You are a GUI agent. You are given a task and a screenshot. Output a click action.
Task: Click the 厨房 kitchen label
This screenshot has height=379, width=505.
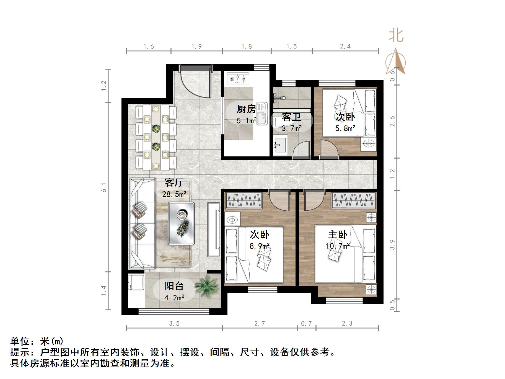pos(246,109)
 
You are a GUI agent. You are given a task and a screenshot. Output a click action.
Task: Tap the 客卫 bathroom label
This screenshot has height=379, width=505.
pos(291,117)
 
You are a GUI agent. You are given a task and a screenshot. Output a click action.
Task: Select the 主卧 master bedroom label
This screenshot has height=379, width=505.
pos(338,235)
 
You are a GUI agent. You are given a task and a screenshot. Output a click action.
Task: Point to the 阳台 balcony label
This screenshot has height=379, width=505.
pos(174,286)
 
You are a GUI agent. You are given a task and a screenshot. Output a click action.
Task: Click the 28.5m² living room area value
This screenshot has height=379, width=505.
pos(174,194)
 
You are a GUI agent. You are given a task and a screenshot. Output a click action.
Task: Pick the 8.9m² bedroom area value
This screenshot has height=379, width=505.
pos(260,246)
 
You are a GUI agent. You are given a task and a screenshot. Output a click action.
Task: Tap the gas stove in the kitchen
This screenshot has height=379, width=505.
pos(238,78)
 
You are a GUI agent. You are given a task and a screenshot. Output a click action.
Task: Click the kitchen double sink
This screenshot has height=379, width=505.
pos(262,114)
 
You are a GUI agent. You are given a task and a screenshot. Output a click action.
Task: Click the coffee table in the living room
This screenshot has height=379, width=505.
pos(181,223)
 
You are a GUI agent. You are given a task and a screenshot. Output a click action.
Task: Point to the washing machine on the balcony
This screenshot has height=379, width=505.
pos(136,282)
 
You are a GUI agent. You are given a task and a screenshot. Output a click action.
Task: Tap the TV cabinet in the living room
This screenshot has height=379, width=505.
pos(214,229)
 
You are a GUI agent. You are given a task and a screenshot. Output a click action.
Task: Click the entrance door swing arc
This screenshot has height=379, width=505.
pos(195,83)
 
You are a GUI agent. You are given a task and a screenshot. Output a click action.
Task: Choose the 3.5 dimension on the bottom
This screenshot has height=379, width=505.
pos(174,323)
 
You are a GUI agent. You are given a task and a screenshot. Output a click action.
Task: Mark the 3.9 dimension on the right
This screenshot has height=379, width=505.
pos(392,244)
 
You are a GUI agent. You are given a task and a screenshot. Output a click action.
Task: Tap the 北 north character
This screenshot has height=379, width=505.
pos(396,36)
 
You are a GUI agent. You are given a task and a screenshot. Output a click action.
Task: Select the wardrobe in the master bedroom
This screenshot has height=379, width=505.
pos(354,200)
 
